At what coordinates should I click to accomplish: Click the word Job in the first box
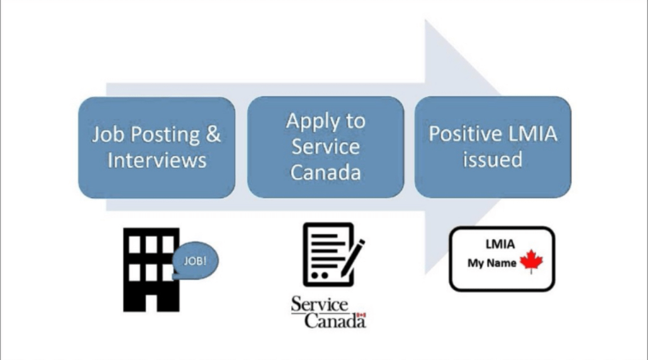[108, 135]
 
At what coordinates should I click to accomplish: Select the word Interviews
[157, 160]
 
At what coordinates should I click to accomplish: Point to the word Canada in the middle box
[326, 172]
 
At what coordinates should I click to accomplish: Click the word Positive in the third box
[464, 134]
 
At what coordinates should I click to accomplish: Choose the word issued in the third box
[493, 160]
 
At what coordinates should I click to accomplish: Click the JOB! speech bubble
[195, 260]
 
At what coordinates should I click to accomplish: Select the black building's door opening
[151, 303]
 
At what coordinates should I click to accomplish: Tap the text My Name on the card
[492, 263]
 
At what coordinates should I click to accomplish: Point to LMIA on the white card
[500, 244]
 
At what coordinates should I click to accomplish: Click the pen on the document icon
[352, 258]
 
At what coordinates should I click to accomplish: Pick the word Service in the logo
[319, 305]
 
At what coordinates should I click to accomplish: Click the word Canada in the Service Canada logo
[335, 321]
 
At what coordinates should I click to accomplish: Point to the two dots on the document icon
[319, 275]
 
